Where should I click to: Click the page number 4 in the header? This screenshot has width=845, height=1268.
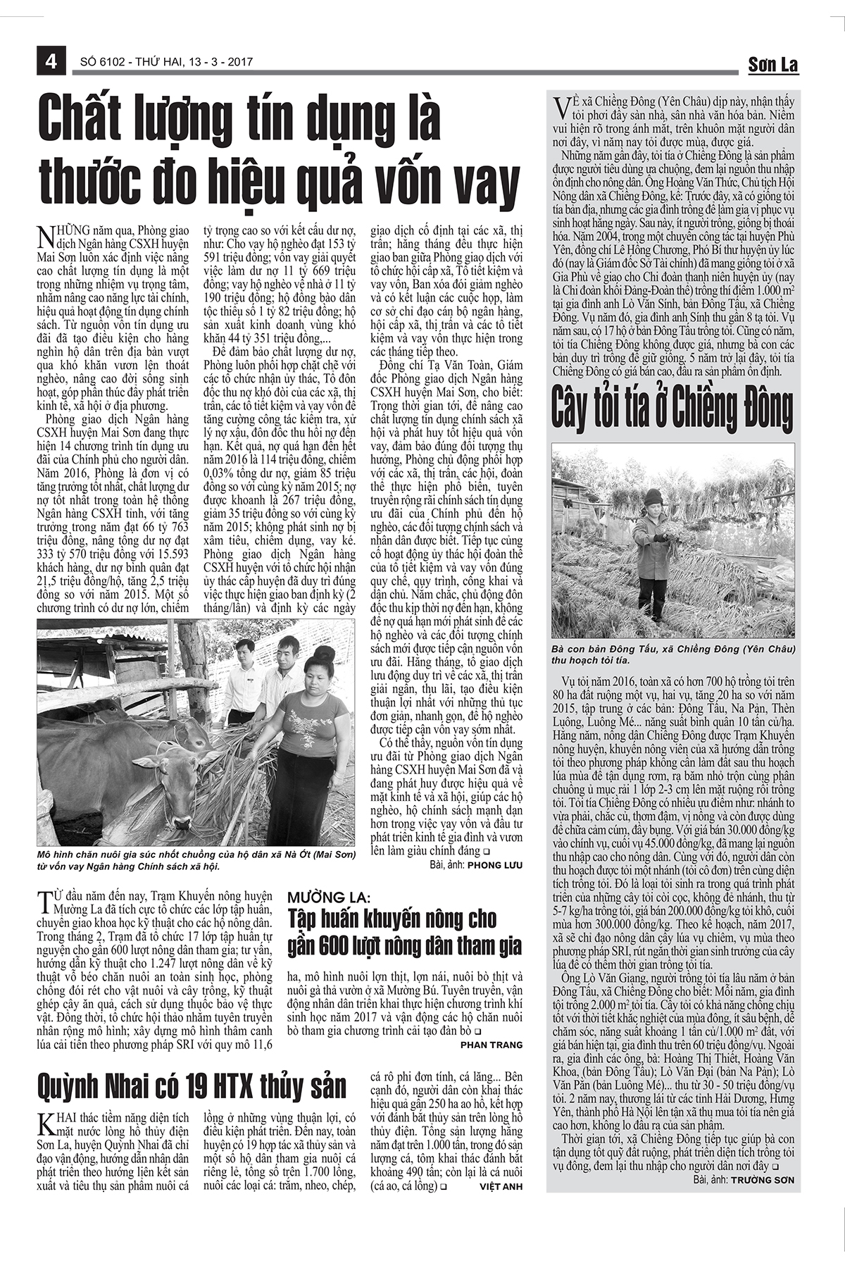(51, 62)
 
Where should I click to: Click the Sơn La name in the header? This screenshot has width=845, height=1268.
(772, 66)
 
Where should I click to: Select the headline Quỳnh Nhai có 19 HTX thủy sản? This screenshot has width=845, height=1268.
(192, 1086)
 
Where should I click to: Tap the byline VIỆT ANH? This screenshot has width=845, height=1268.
(501, 1186)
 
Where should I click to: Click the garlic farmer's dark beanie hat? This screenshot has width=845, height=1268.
(653, 497)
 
